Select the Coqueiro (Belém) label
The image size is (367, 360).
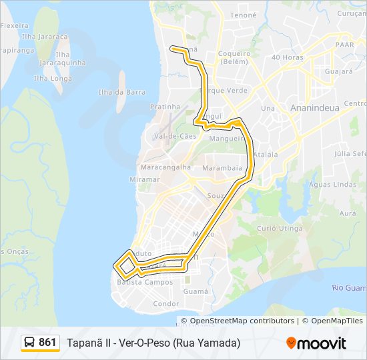pyautogui.click(x=234, y=57)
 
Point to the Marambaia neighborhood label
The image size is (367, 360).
pyautogui.click(x=222, y=168)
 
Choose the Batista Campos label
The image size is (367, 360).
pyautogui.click(x=145, y=282)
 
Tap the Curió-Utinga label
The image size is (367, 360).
pyautogui.click(x=280, y=228)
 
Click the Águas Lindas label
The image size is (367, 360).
pyautogui.click(x=334, y=184)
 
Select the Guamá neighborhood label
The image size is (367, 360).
pyautogui.click(x=196, y=291)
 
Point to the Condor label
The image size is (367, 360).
pyautogui.click(x=166, y=303)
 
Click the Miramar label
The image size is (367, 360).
pyautogui.click(x=145, y=179)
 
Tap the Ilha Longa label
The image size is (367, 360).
pyautogui.click(x=53, y=78)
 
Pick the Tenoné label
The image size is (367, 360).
pyautogui.click(x=243, y=15)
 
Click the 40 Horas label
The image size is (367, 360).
pyautogui.click(x=288, y=57)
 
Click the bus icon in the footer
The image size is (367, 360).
pyautogui.click(x=29, y=343)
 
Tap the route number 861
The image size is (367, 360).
pyautogui.click(x=47, y=343)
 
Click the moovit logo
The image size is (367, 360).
pyautogui.click(x=316, y=343)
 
